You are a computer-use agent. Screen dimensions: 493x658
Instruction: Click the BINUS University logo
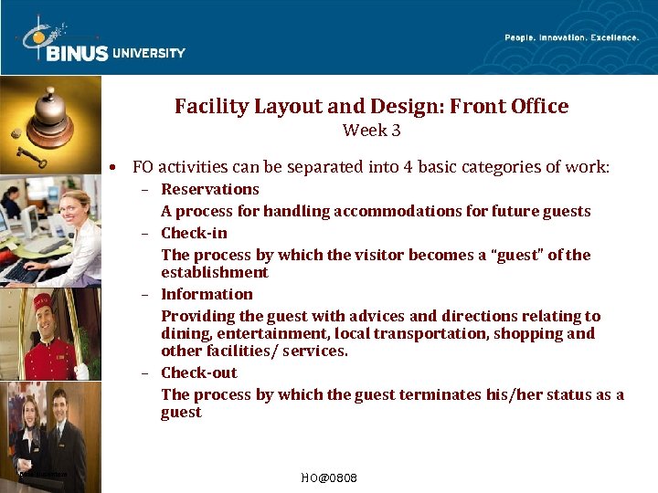coord(101,41)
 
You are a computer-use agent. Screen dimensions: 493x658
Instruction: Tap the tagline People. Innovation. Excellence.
coord(571,37)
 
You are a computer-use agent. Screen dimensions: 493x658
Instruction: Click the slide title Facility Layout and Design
coord(371,107)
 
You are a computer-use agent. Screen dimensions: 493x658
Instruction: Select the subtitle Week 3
coord(371,131)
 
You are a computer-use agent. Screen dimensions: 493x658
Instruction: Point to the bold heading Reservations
coord(210,189)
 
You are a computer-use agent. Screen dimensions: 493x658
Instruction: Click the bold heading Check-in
coord(194,233)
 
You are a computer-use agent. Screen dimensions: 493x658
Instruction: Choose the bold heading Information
coord(207,294)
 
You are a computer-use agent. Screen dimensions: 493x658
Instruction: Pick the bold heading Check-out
coord(198,372)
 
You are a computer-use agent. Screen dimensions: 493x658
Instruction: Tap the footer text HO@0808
coord(328,478)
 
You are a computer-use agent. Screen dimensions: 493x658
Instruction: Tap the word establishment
coord(215,272)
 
